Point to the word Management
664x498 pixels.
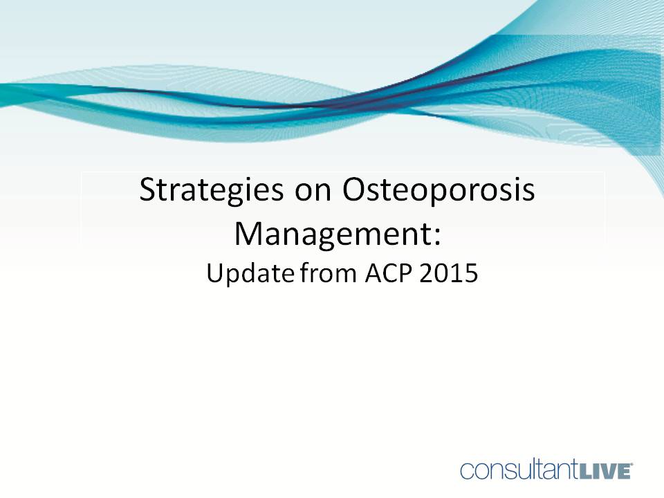[331, 233]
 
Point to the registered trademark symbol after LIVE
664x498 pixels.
[631, 465]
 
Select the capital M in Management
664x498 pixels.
[250, 233]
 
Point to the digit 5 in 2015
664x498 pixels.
[471, 274]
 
